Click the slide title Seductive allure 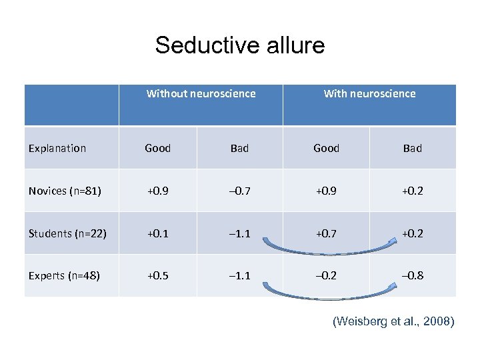pos(240,45)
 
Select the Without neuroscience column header pos(201,94)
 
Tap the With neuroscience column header pos(369,94)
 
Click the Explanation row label pos(57,148)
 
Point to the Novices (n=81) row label pos(65,191)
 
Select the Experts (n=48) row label pos(64,275)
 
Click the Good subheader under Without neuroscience pos(158,148)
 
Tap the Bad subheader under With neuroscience pos(412,148)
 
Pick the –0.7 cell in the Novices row pos(239,191)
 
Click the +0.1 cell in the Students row pos(158,233)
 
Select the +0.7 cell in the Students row pos(326,233)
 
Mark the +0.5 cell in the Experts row pos(158,275)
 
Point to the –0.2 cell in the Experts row pos(326,275)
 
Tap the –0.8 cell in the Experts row pos(412,275)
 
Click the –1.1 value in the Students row pos(239,233)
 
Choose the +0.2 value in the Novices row pos(412,191)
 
